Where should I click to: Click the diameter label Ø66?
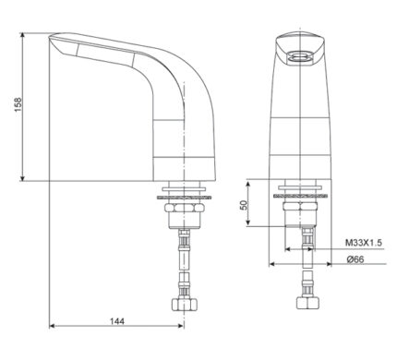pos(354,259)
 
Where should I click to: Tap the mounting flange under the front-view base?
pos(301,195)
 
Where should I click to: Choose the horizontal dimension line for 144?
pos(117,329)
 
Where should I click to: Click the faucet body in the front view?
pos(301,120)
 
